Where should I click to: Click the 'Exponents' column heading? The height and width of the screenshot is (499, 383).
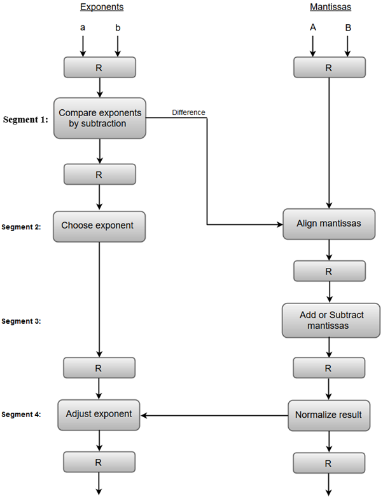101,8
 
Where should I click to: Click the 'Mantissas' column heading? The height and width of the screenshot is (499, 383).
330,8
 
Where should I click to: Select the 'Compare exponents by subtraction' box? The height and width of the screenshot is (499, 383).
99,118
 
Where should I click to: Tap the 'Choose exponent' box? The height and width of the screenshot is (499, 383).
99,225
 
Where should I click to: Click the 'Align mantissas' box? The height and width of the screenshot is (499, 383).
330,224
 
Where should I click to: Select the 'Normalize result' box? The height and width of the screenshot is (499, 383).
328,415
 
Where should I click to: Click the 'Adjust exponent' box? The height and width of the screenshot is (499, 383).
99,414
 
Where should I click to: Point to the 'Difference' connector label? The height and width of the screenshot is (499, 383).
188,112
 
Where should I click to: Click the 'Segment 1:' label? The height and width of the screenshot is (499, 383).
25,119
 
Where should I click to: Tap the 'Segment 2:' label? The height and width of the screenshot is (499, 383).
22,227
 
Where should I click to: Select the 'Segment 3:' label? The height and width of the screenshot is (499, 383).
22,321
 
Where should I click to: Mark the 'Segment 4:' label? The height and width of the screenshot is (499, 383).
22,415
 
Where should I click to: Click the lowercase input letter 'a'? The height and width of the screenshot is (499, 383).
83,28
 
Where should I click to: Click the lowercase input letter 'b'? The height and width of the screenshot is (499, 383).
118,28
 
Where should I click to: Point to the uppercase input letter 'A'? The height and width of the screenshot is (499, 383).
312,28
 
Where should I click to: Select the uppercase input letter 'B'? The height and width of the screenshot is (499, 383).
347,28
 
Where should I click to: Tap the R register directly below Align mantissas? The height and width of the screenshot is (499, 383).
329,271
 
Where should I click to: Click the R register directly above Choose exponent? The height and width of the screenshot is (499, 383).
99,175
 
